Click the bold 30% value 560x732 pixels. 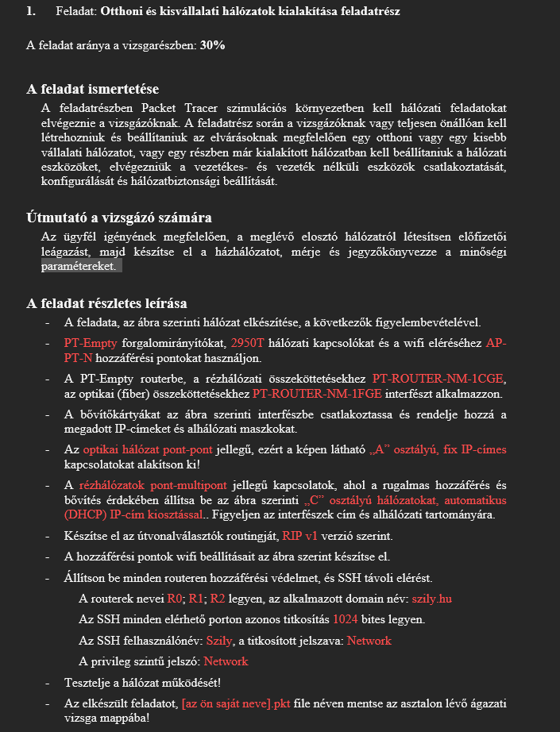point(212,45)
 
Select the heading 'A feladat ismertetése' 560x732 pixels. point(93,89)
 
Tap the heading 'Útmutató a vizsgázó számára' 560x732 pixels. point(118,218)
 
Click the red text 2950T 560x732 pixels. point(249,343)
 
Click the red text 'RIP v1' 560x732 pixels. point(300,535)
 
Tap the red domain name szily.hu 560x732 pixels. point(434,598)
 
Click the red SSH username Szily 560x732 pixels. point(220,640)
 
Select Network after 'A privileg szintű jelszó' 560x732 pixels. point(226,661)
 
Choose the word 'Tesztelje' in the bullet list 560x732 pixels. point(91,682)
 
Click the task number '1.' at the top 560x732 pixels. point(31,11)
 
